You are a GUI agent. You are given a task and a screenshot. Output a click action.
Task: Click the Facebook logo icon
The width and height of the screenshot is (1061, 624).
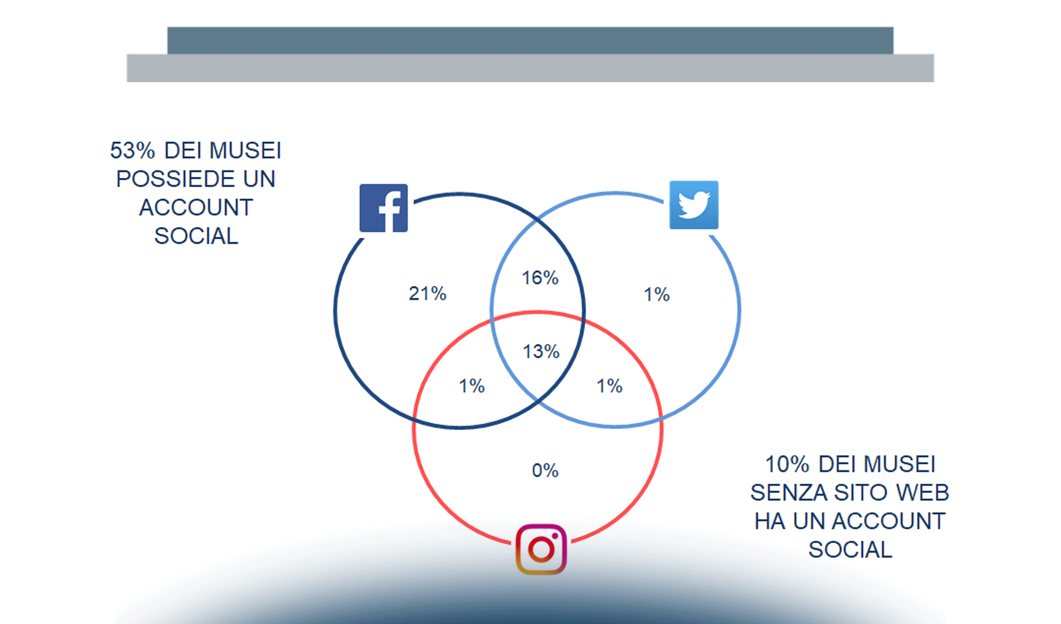coord(384,208)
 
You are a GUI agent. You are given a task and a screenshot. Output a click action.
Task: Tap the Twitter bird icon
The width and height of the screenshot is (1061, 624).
coord(694,205)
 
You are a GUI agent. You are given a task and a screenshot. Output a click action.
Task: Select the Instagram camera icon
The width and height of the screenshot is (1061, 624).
coord(541,549)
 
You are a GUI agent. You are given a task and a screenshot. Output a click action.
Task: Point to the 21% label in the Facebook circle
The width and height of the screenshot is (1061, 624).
coord(428,294)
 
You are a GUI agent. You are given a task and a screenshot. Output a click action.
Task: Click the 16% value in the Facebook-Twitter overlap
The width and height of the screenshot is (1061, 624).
coord(540,278)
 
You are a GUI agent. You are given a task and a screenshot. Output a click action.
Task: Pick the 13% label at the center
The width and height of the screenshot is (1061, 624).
coord(541,352)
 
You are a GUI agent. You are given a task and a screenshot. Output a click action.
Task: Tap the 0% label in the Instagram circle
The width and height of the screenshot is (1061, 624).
coord(545,471)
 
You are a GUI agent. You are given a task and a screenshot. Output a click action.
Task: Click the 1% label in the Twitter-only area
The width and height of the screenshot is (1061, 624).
coord(657,295)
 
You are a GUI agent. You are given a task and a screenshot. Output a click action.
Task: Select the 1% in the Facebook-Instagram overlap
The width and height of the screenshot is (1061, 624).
coord(472,386)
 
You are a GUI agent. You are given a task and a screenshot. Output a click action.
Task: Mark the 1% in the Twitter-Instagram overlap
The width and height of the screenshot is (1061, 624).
coord(610,386)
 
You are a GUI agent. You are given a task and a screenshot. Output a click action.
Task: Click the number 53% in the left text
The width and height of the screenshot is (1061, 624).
coord(133,151)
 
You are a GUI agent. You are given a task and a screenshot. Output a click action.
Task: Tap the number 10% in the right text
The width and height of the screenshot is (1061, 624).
coord(787,464)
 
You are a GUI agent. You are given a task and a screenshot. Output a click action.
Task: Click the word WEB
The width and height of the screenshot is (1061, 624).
coord(923,493)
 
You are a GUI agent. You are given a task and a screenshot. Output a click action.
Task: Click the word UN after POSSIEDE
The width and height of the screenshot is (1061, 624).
coord(259,179)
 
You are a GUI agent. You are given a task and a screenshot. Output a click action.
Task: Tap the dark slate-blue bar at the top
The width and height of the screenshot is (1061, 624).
coord(530,41)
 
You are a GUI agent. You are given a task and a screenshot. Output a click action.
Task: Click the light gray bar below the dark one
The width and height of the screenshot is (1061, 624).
coord(530,68)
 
